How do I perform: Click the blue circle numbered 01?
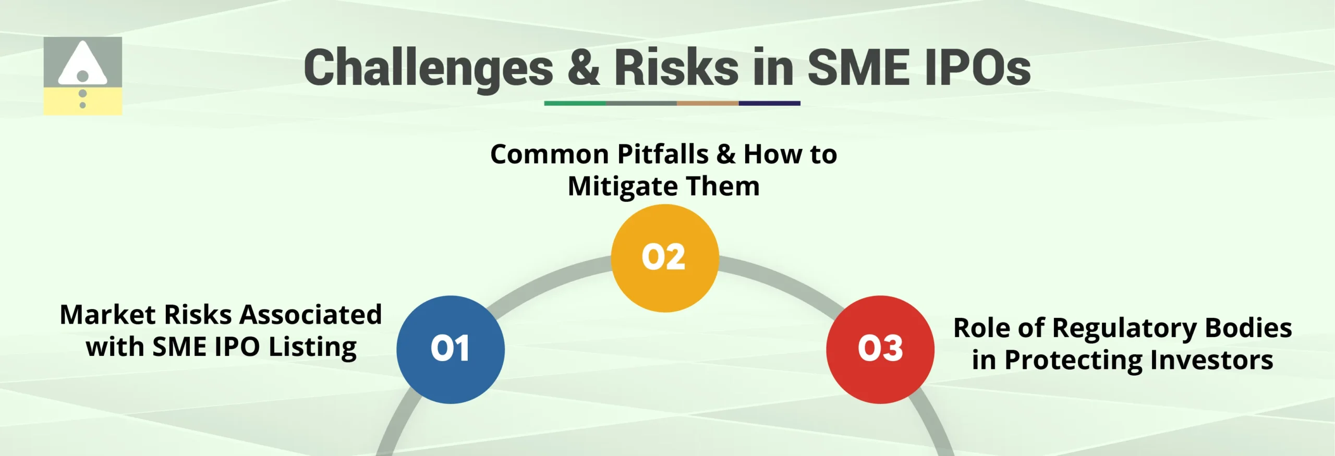[x=451, y=349]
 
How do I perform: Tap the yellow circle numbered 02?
[x=665, y=258]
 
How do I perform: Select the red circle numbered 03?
[x=880, y=349]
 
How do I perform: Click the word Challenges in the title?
[x=428, y=68]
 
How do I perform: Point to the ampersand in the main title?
[x=584, y=68]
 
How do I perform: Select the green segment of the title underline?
[x=575, y=103]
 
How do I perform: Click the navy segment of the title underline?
[x=769, y=103]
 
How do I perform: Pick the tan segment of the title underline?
[x=708, y=103]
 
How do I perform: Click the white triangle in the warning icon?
[x=82, y=64]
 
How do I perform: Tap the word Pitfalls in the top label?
[x=663, y=154]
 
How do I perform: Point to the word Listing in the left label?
[x=313, y=347]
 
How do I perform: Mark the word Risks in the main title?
[x=676, y=68]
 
